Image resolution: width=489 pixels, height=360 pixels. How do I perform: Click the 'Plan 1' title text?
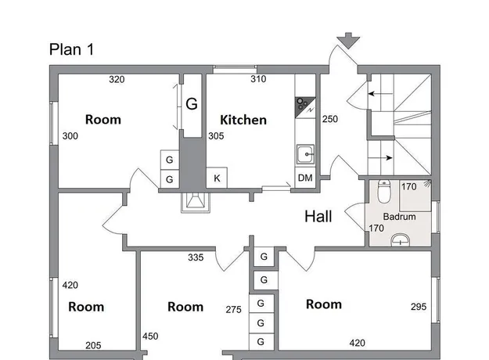71,49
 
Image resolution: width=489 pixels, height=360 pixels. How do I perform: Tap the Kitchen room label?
243,120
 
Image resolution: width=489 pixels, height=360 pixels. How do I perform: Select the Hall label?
318,216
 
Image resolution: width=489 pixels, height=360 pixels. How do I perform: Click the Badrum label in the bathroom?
399,217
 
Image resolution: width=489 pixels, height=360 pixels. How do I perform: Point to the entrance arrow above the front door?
348,41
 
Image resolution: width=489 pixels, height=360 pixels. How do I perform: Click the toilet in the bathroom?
384,191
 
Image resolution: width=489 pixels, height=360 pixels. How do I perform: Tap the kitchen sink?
305,154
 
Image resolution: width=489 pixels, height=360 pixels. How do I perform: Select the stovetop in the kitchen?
305,108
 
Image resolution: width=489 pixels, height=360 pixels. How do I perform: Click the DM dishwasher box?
305,178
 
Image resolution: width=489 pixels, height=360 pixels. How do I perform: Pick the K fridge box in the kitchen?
217,178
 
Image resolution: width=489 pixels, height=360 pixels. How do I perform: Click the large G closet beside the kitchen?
192,106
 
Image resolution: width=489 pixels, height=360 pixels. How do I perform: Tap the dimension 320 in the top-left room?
117,80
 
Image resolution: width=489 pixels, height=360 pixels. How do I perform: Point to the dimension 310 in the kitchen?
258,79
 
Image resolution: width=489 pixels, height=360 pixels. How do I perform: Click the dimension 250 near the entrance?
330,119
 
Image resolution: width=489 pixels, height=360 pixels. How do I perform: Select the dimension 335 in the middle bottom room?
196,257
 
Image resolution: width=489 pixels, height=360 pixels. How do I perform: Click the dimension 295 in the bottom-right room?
419,307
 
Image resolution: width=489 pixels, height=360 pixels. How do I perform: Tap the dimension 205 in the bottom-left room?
93,345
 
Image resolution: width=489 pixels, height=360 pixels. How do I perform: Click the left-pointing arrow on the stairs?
380,94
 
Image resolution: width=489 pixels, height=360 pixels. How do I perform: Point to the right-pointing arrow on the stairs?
380,158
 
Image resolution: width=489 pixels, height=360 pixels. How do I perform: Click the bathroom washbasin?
401,240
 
